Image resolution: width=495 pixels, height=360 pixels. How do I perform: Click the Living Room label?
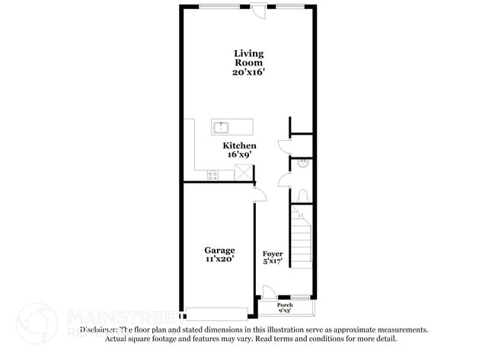pyautogui.click(x=248, y=59)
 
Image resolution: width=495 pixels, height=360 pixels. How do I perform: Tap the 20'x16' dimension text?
pyautogui.click(x=248, y=72)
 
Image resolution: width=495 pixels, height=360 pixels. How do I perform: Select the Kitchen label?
pyautogui.click(x=239, y=145)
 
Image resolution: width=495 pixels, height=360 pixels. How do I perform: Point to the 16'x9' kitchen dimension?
pyautogui.click(x=239, y=155)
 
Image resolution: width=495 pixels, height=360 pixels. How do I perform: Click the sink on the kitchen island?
pyautogui.click(x=222, y=127)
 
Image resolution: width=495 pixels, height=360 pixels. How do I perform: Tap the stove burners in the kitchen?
pyautogui.click(x=214, y=174)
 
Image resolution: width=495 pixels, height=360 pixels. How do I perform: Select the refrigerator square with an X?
pyautogui.click(x=243, y=174)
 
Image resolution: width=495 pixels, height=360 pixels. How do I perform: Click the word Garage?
pyautogui.click(x=219, y=250)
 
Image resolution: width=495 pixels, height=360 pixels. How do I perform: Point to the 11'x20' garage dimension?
pyautogui.click(x=219, y=259)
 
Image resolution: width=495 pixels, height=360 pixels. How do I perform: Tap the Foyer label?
pyautogui.click(x=273, y=253)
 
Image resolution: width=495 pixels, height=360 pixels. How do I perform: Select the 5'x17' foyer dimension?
pyautogui.click(x=273, y=263)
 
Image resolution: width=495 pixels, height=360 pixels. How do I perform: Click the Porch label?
pyautogui.click(x=285, y=304)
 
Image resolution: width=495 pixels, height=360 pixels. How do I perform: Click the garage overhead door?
pyautogui.click(x=217, y=313)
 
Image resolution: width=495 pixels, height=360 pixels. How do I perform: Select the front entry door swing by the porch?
pyautogui.click(x=267, y=291)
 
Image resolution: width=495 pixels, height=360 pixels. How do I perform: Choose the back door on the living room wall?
pyautogui.click(x=260, y=11)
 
